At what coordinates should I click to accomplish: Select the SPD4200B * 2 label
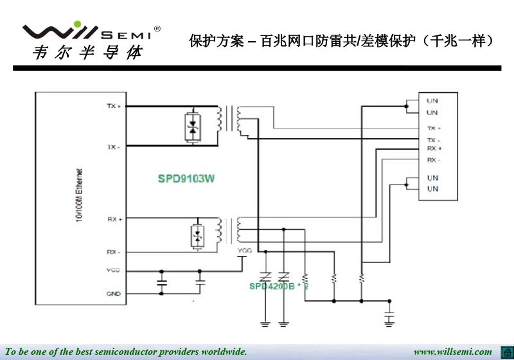[x=279, y=286]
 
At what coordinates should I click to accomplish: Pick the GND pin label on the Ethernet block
[x=114, y=294]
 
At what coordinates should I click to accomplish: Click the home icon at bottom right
[x=505, y=351]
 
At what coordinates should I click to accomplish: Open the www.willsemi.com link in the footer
[x=452, y=352]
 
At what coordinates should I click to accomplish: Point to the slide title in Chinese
[x=342, y=41]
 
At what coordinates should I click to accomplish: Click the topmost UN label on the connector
[x=432, y=101]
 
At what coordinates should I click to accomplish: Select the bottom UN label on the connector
[x=432, y=189]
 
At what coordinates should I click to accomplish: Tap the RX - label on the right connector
[x=434, y=159]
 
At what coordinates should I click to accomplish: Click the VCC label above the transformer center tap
[x=245, y=251]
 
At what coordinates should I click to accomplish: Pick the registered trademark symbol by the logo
[x=157, y=30]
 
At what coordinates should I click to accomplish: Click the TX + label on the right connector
[x=434, y=129]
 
